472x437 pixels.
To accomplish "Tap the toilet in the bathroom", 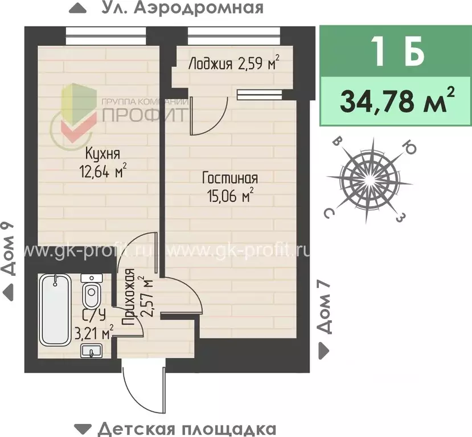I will coord(90,293).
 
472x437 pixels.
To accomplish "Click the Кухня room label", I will coord(102,153).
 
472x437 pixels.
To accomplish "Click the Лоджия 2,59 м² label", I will coord(233,63).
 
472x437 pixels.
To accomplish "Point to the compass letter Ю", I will coord(408,147).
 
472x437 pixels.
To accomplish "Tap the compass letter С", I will coord(329,213).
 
